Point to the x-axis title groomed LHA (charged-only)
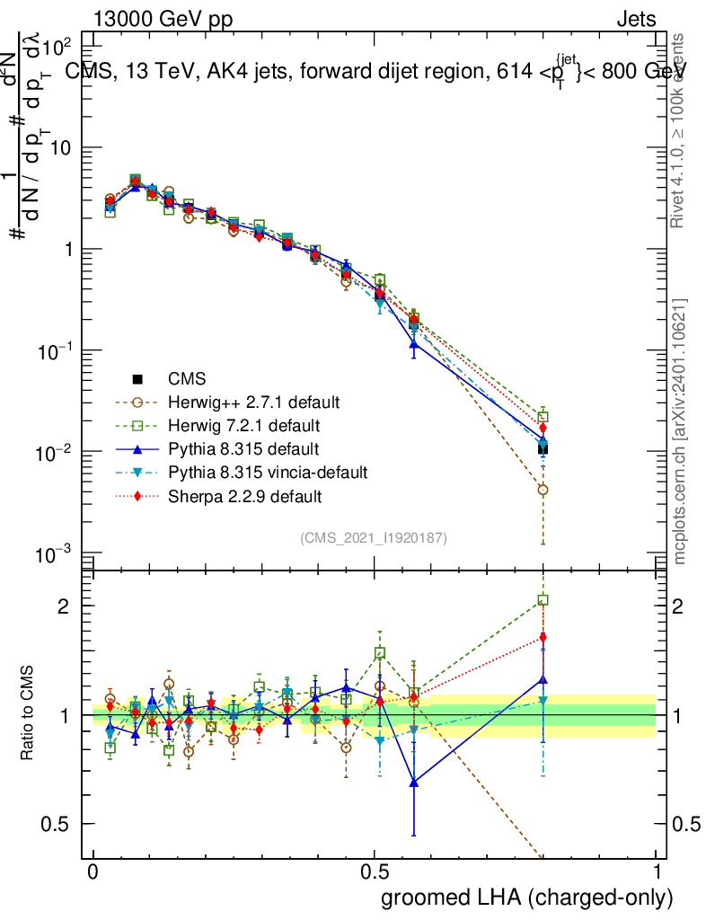coord(527,897)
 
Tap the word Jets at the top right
coord(636,20)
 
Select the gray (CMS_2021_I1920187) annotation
coord(374,537)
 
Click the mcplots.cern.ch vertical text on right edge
coord(680,431)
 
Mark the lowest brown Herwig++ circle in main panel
coord(543,491)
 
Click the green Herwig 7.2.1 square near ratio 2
coord(543,600)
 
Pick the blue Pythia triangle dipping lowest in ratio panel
coord(414,783)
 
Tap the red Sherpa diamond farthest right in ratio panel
coord(543,638)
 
